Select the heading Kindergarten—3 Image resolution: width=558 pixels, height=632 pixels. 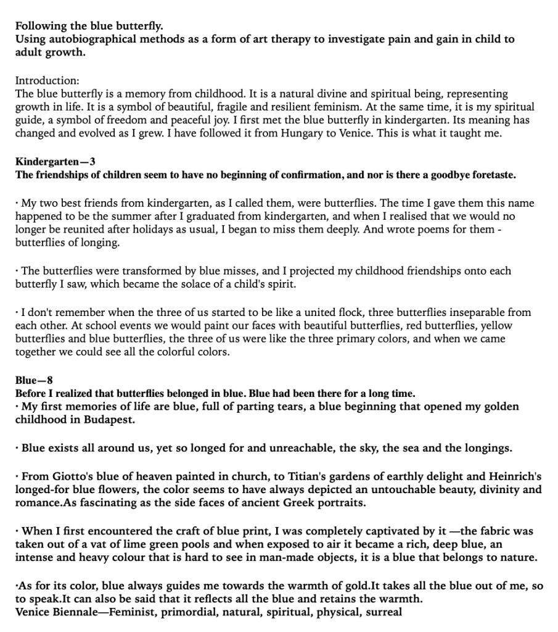[55, 162]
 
